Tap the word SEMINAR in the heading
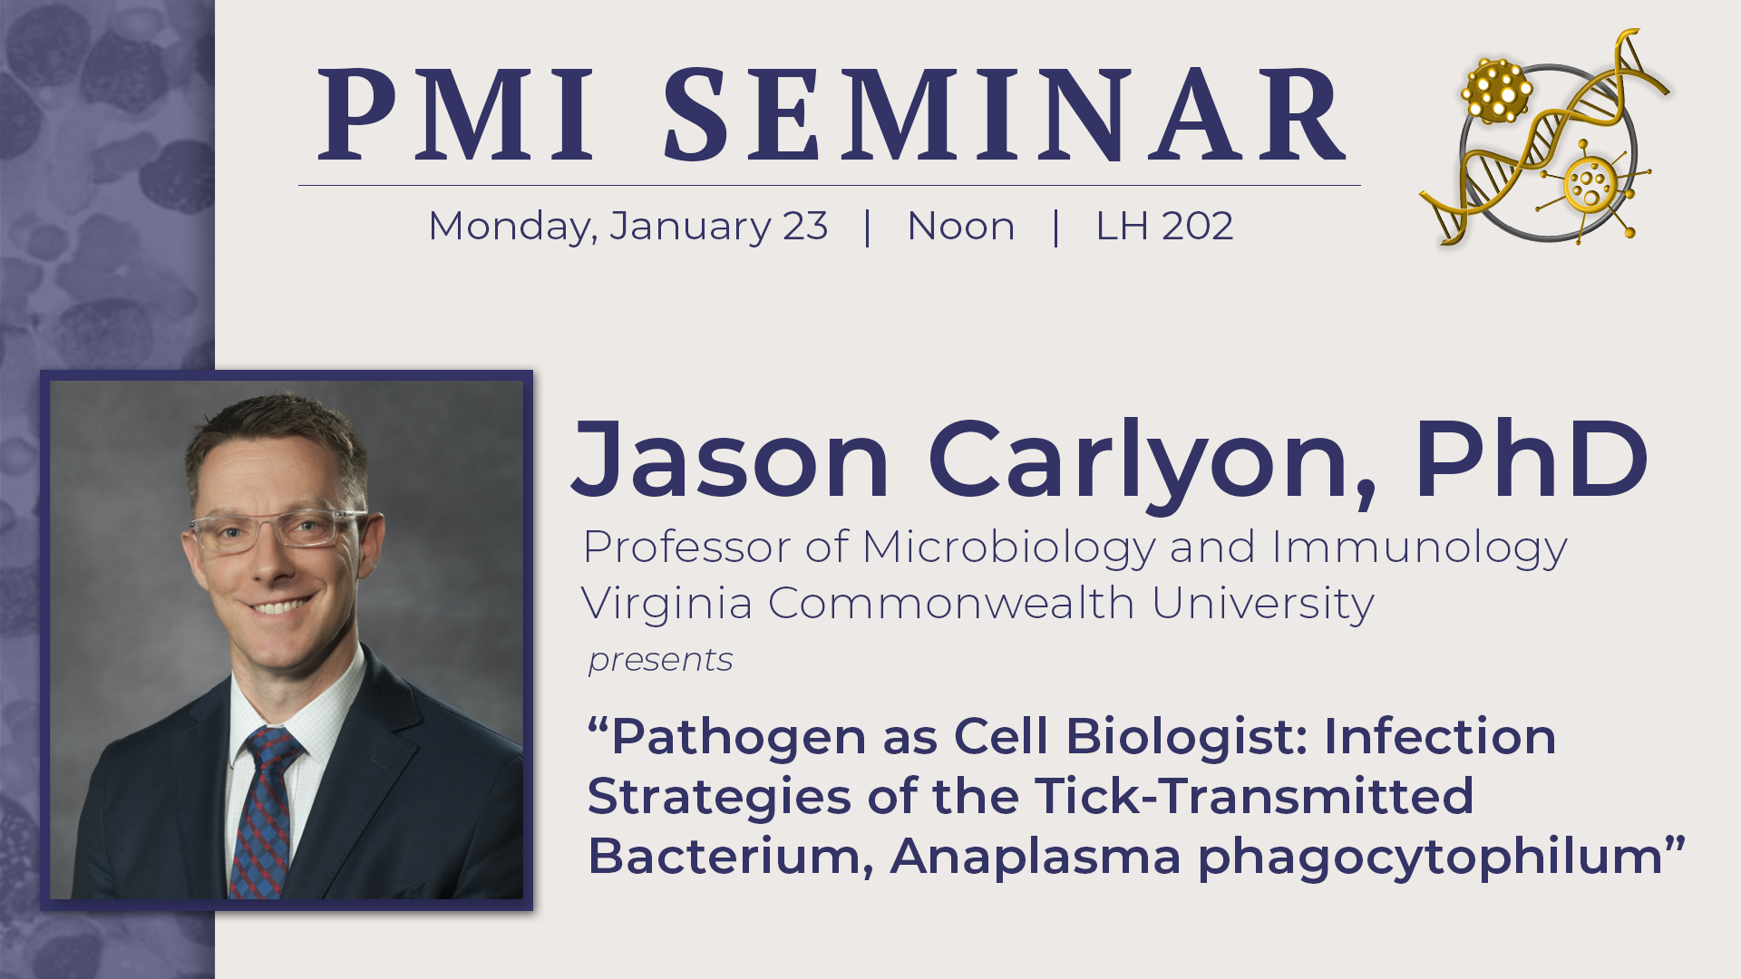pyautogui.click(x=1005, y=115)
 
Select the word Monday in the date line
pyautogui.click(x=509, y=227)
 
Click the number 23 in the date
pyautogui.click(x=805, y=227)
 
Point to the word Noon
pyautogui.click(x=961, y=227)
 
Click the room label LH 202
pyautogui.click(x=1164, y=227)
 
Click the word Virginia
pyautogui.click(x=666, y=604)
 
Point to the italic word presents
pyautogui.click(x=660, y=661)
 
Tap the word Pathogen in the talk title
pyautogui.click(x=739, y=737)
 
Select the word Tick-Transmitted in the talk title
pyautogui.click(x=1255, y=797)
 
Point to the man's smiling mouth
pyautogui.click(x=281, y=606)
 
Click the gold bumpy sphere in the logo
pyautogui.click(x=1495, y=91)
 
